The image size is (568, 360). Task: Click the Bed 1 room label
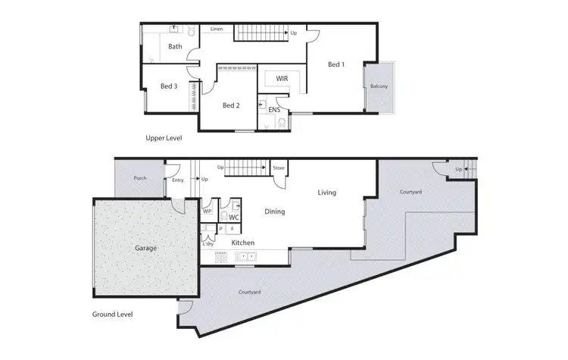click(336, 65)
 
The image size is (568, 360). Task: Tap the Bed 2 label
click(231, 105)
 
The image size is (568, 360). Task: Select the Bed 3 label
click(169, 86)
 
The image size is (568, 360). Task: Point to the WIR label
click(281, 78)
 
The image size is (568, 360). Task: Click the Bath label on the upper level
click(175, 46)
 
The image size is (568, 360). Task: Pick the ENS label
click(274, 110)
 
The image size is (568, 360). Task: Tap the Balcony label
click(379, 86)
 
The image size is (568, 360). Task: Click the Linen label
click(217, 29)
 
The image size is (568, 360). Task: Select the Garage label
click(146, 248)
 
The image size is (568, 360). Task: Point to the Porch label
click(140, 179)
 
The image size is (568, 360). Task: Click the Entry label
click(178, 180)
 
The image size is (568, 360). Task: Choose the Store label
click(278, 167)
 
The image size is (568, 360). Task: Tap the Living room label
click(327, 193)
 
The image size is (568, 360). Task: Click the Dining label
click(274, 211)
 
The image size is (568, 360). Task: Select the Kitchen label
click(242, 243)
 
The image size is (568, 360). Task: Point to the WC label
click(235, 218)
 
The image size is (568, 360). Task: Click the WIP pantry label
click(208, 211)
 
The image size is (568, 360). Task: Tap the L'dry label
click(208, 243)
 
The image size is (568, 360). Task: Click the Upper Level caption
click(164, 139)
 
